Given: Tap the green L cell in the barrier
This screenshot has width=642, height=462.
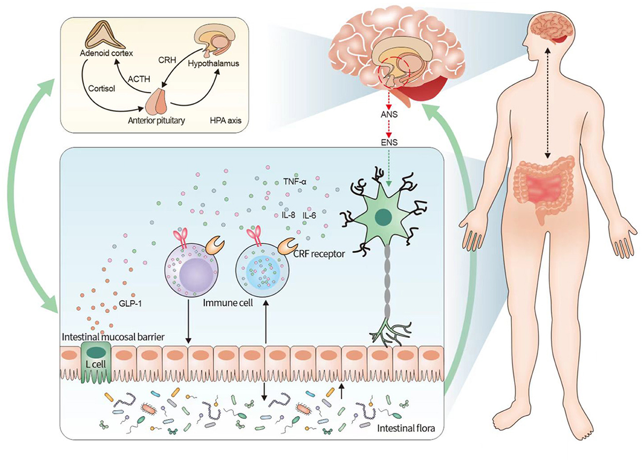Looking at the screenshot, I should (96, 359).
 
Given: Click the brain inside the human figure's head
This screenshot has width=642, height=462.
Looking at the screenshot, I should (549, 28).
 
